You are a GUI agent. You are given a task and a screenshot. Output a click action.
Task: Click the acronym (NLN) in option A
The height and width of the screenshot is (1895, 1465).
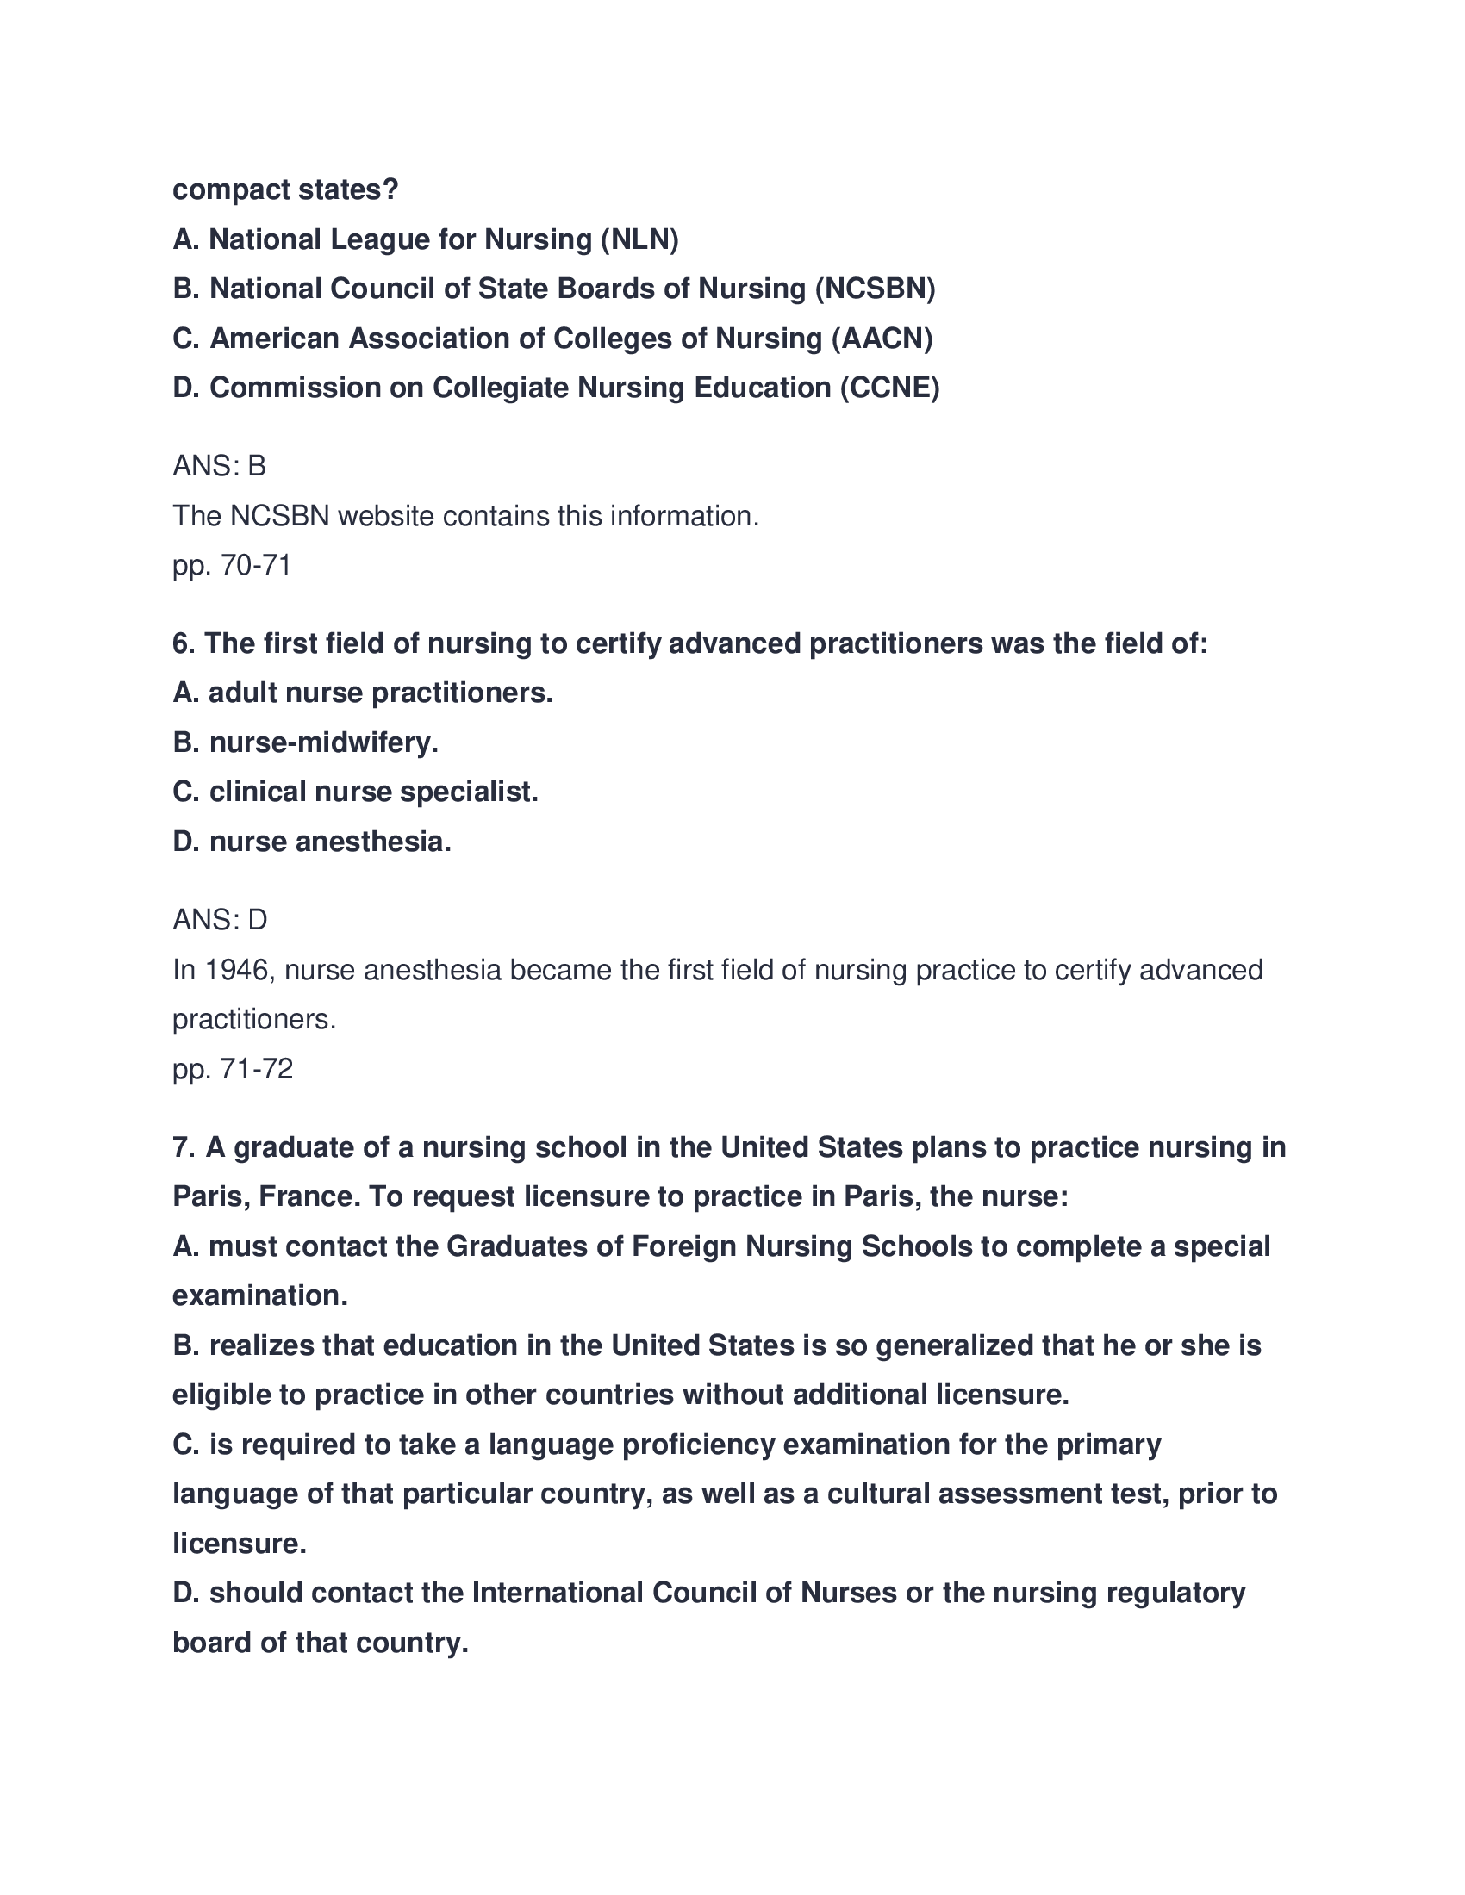pyautogui.click(x=639, y=239)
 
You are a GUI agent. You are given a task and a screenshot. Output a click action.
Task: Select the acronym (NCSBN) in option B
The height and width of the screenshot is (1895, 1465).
pyautogui.click(x=875, y=289)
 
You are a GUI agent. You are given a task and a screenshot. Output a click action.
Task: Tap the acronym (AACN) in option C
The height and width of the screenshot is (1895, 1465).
pyautogui.click(x=882, y=339)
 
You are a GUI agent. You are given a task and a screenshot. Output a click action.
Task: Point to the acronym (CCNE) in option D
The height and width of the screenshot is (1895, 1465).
pyautogui.click(x=889, y=388)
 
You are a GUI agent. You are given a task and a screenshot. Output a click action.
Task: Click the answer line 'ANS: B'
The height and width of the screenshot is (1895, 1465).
pyautogui.click(x=220, y=467)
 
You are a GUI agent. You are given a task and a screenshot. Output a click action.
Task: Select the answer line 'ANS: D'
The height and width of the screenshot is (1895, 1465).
pyautogui.click(x=221, y=920)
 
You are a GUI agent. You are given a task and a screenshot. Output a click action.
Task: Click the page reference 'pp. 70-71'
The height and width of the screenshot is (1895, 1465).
pyautogui.click(x=232, y=566)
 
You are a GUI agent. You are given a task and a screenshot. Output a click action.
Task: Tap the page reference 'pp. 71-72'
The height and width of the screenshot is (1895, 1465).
pyautogui.click(x=233, y=1069)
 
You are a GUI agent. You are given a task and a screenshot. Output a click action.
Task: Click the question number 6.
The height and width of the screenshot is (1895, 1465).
pyautogui.click(x=181, y=643)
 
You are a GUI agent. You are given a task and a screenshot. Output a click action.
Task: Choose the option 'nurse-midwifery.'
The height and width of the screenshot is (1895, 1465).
pyautogui.click(x=323, y=742)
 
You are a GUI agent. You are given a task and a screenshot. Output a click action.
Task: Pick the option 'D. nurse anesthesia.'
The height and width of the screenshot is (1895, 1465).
pyautogui.click(x=312, y=842)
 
